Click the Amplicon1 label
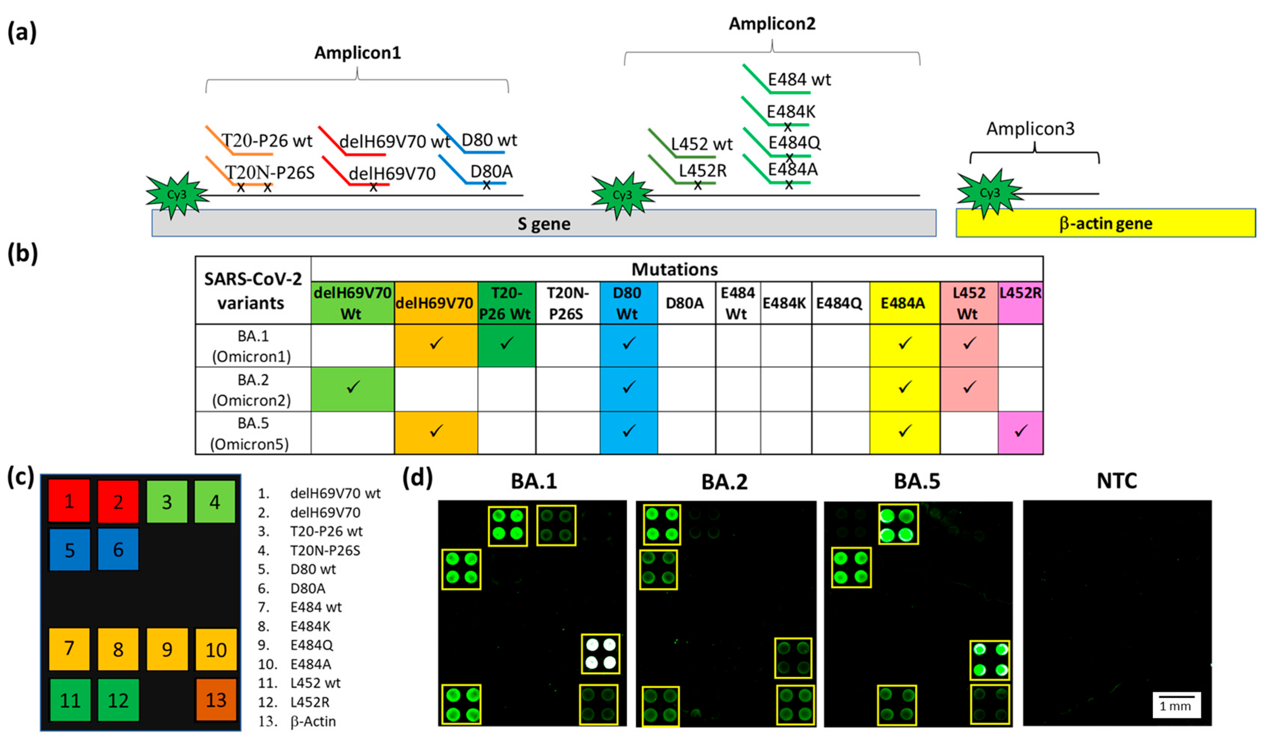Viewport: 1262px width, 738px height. point(357,52)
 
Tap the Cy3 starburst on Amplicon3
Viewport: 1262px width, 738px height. point(989,193)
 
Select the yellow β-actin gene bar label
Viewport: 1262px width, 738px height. point(1106,223)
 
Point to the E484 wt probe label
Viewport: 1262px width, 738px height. point(799,79)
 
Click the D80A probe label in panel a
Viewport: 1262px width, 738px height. point(491,172)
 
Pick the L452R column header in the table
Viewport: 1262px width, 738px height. point(1020,293)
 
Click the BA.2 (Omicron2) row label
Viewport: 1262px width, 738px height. point(252,390)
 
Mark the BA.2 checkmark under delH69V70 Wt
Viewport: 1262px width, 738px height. point(353,387)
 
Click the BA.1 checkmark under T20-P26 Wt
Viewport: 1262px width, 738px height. point(507,343)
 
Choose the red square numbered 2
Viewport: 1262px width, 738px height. point(118,502)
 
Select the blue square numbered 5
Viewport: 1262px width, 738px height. point(70,550)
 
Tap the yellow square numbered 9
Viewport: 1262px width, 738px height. point(167,649)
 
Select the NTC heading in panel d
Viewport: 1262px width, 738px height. point(1116,481)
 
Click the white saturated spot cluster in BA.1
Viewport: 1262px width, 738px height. point(600,654)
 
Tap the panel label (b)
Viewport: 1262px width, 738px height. point(22,254)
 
